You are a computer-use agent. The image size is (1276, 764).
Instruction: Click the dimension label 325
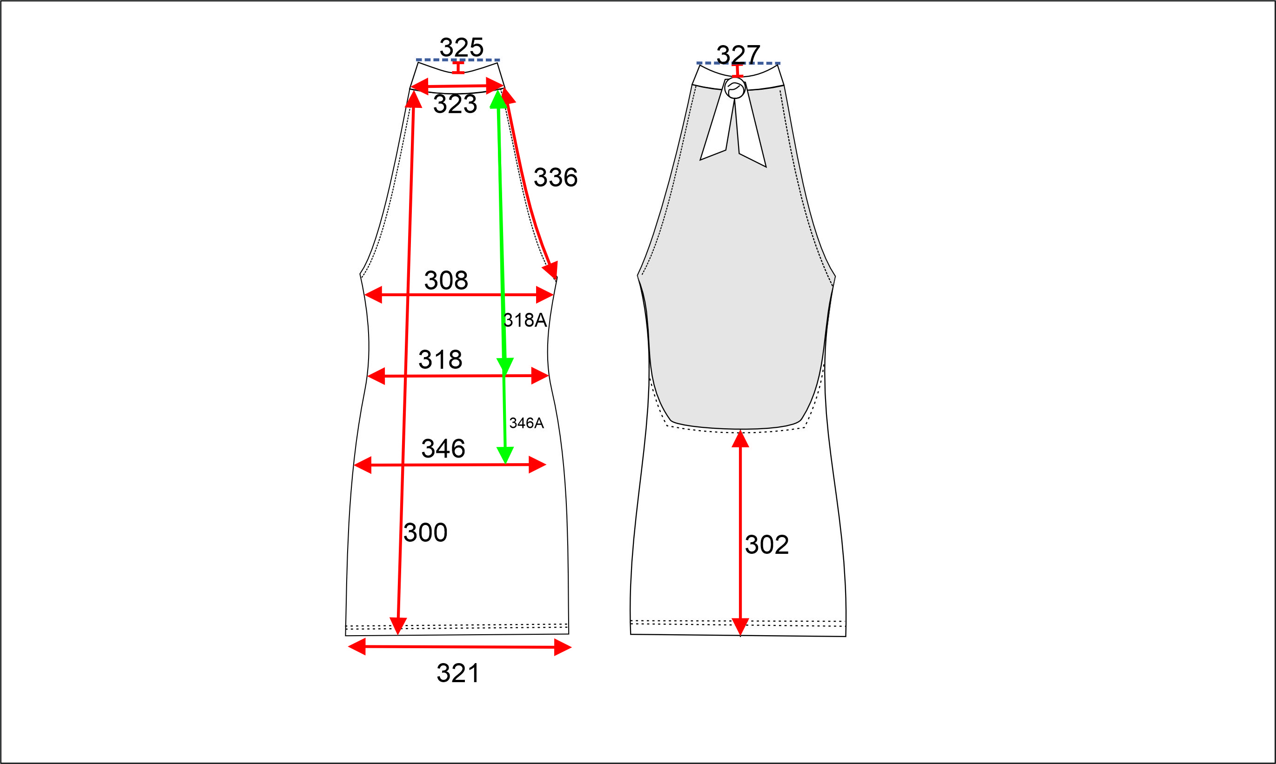[461, 47]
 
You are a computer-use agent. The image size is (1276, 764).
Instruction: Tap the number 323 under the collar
[455, 104]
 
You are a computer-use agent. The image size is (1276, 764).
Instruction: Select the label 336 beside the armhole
[555, 177]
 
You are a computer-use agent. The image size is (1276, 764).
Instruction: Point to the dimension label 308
[446, 280]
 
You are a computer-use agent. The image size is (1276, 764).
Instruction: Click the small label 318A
[525, 320]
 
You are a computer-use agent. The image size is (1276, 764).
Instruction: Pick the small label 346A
[526, 423]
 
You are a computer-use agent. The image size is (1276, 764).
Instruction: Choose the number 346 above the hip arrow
[443, 448]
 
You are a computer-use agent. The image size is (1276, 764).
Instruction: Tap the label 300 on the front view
[425, 532]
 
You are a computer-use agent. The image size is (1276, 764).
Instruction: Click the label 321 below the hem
[458, 673]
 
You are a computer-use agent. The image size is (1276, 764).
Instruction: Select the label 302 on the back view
[766, 545]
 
